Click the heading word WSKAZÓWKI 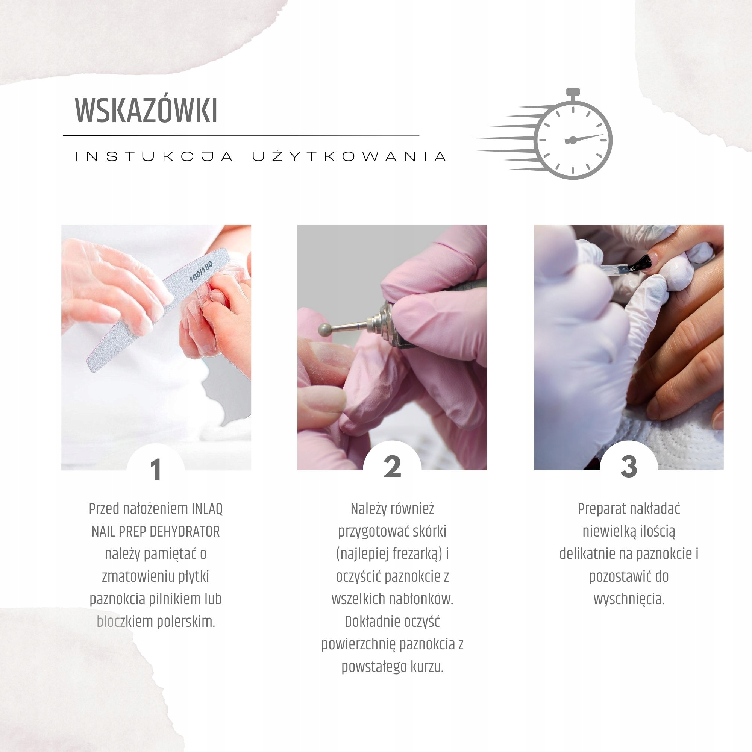pyautogui.click(x=146, y=111)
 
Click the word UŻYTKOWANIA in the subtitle pyautogui.click(x=349, y=156)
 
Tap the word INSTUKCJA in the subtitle pyautogui.click(x=154, y=156)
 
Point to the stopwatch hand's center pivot pyautogui.click(x=572, y=140)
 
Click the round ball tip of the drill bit pyautogui.click(x=324, y=330)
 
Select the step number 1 pyautogui.click(x=156, y=470)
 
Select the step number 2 pyautogui.click(x=392, y=467)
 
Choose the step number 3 pyautogui.click(x=628, y=466)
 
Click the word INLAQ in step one pyautogui.click(x=207, y=509)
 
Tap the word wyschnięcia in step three pyautogui.click(x=628, y=599)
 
